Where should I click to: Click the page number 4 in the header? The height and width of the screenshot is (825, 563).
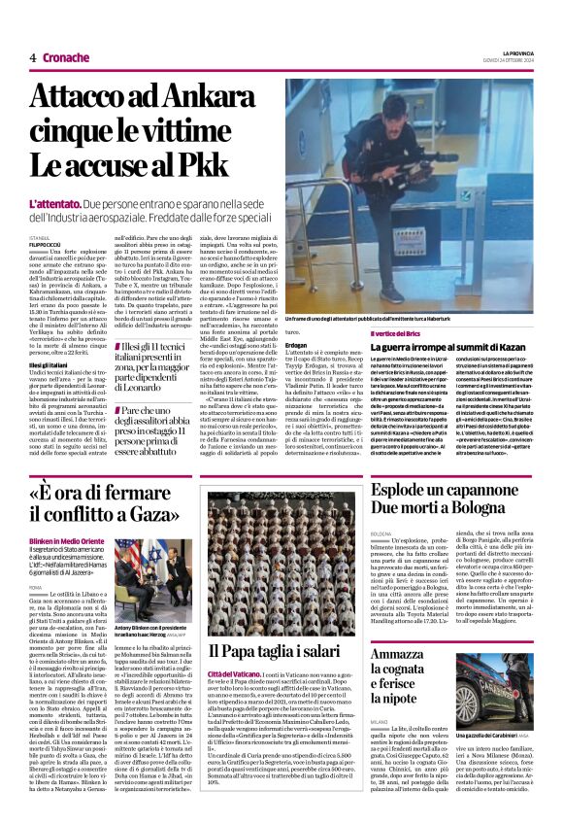[33, 57]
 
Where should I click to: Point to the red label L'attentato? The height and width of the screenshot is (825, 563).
[53, 207]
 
